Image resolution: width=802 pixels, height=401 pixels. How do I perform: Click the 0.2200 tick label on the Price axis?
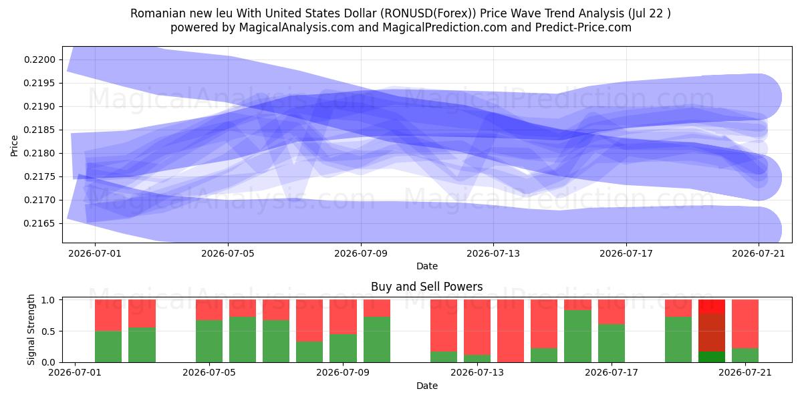[40, 59]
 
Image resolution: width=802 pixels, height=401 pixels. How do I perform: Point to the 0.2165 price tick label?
[40, 224]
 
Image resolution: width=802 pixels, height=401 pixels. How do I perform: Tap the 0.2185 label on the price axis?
[40, 130]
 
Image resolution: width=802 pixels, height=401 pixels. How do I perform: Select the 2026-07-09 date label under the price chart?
[361, 253]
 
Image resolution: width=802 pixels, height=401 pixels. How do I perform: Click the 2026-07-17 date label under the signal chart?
[611, 373]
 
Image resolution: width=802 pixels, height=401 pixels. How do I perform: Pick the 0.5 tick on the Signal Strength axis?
[49, 331]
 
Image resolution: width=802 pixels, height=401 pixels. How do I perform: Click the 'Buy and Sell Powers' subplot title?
[427, 287]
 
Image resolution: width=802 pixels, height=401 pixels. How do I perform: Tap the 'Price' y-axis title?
[14, 146]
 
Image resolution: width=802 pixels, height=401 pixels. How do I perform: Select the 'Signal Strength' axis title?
[31, 329]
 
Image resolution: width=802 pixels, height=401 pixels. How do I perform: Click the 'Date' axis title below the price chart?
[427, 267]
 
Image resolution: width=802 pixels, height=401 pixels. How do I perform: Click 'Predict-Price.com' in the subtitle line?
[583, 27]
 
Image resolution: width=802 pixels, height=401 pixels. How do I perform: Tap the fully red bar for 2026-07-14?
[511, 331]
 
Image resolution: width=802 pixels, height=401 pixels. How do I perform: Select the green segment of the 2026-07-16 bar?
[577, 336]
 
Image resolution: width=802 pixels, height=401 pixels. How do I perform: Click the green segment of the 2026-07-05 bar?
[209, 342]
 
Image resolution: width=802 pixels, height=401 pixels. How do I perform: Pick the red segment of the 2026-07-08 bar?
[309, 320]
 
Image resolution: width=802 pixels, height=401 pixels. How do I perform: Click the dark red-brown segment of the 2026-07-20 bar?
[712, 333]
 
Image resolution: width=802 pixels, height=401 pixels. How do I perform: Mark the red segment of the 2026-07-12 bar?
[444, 325]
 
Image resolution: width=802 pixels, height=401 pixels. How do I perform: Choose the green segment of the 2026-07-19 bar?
[678, 340]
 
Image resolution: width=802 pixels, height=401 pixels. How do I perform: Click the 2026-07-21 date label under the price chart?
[759, 253]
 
